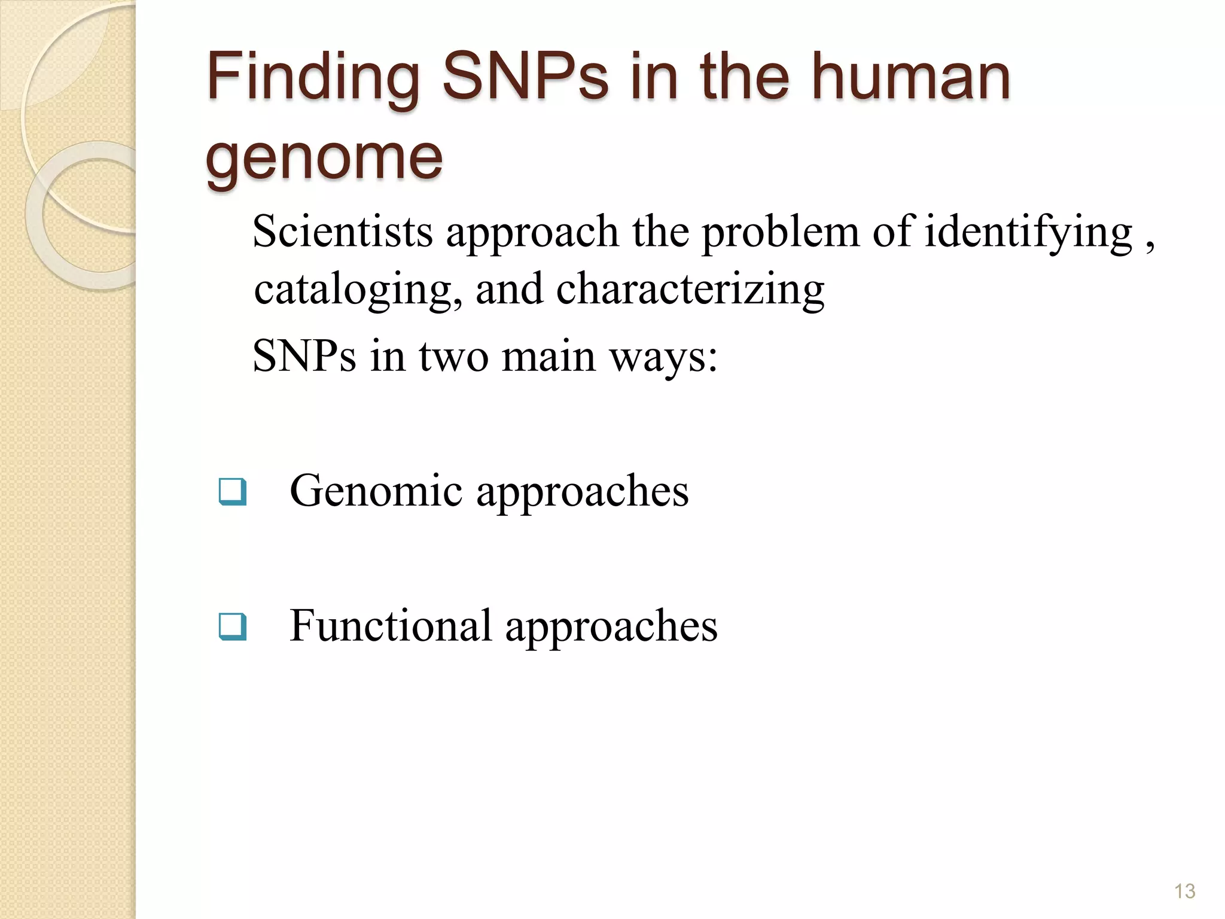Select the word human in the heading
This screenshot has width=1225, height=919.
910,77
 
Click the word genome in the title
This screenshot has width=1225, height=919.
324,158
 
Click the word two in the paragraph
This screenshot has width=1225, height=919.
453,357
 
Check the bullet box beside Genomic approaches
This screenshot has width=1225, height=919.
232,491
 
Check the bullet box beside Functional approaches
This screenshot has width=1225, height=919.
232,626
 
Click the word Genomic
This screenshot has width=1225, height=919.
376,491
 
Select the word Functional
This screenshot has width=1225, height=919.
391,626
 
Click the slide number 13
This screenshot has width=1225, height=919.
1184,891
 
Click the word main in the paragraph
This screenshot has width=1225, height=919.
548,357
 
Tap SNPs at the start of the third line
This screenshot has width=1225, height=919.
304,357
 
